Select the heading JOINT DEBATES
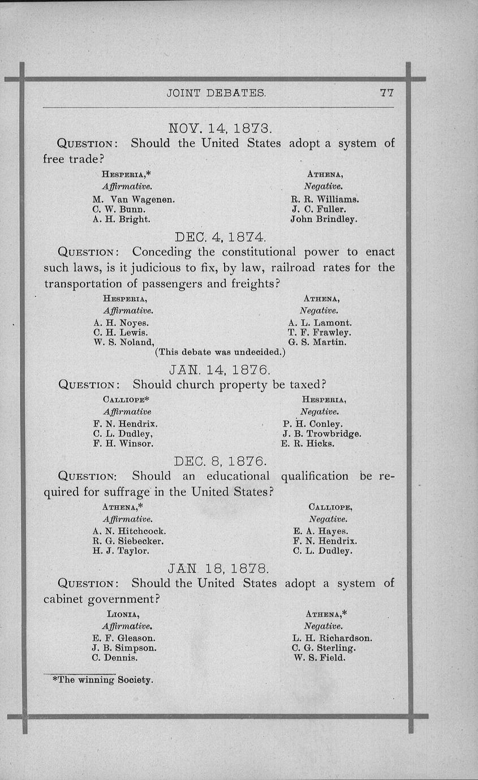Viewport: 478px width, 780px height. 217,93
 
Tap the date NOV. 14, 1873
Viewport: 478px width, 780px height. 218,127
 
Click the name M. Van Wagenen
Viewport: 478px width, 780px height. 134,199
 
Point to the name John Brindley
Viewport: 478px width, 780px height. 324,219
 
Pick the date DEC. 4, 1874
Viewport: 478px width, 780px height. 217,236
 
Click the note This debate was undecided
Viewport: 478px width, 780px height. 220,352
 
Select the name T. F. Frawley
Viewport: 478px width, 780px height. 319,333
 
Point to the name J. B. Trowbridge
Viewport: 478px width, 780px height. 321,434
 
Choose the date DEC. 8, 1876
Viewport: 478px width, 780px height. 218,461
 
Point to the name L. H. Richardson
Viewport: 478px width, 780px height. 331,638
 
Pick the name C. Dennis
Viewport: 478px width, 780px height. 115,658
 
